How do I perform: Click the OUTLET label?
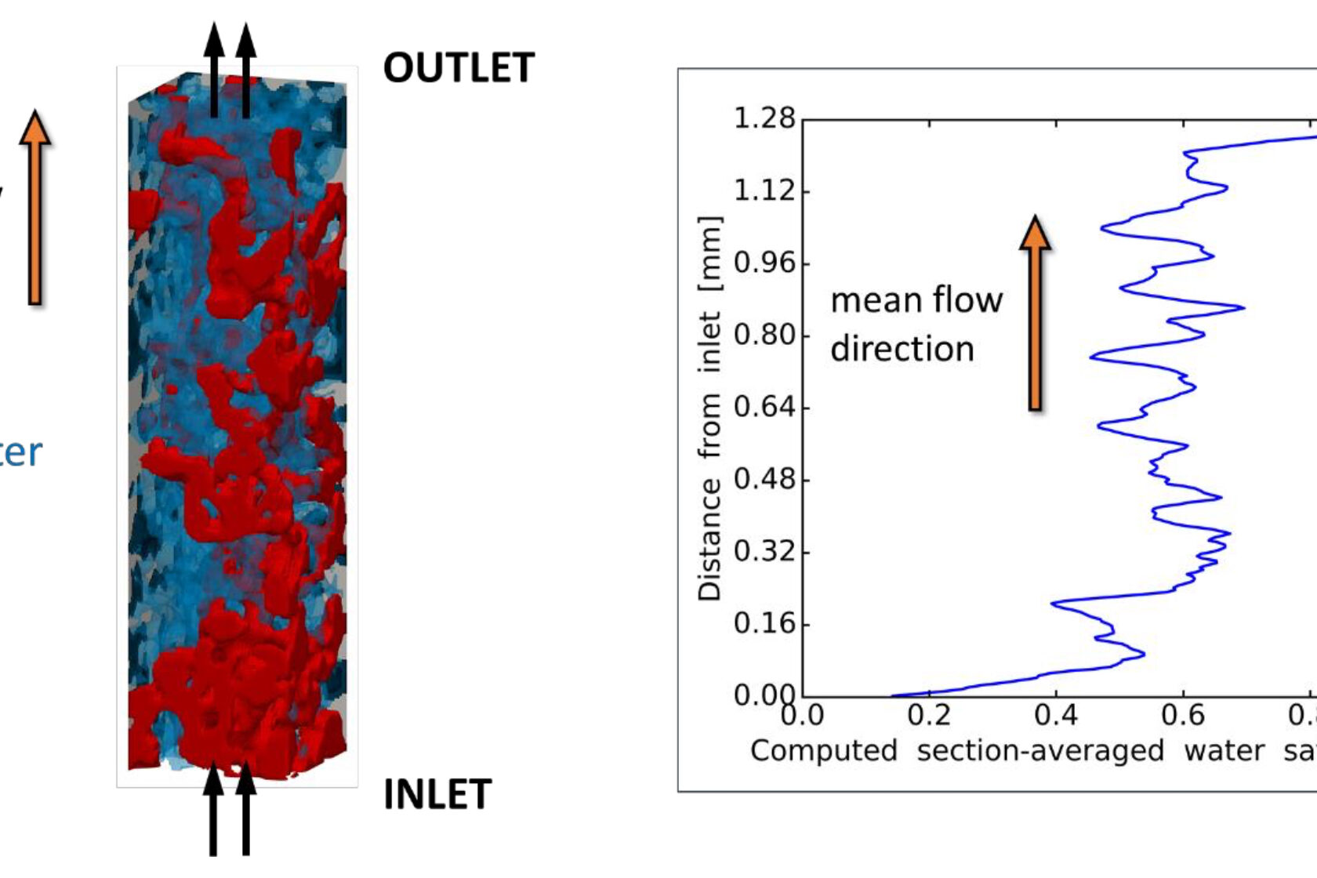(459, 68)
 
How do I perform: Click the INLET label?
(437, 795)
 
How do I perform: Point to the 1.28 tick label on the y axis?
(764, 119)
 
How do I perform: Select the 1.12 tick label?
(764, 190)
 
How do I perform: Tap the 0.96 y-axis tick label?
(764, 263)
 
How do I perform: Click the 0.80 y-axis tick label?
(764, 335)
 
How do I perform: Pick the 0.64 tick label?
(764, 407)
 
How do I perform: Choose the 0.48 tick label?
(764, 479)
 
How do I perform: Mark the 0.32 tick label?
(764, 551)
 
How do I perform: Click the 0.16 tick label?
(764, 624)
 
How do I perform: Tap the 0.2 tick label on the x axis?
(929, 715)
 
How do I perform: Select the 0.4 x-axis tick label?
(1056, 715)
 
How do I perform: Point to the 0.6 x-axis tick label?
(1183, 715)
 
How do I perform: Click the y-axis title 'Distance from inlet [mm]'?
(709, 408)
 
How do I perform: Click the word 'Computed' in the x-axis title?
(823, 751)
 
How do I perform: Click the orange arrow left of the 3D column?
(34, 207)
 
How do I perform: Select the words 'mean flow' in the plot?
(916, 300)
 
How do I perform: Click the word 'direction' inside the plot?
(902, 349)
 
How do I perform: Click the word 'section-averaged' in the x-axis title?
(1040, 751)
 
